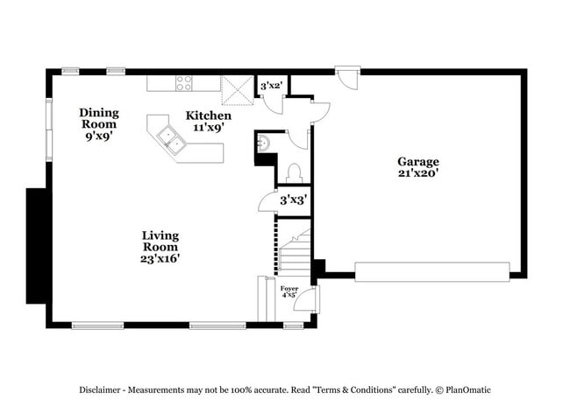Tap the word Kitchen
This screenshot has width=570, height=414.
[209, 116]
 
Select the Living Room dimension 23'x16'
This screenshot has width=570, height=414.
[160, 258]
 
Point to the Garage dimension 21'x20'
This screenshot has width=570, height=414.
[417, 173]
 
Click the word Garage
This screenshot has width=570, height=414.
[417, 162]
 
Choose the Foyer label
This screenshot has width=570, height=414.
[289, 288]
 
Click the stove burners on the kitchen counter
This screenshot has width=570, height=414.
[184, 83]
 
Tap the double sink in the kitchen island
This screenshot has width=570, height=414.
[170, 140]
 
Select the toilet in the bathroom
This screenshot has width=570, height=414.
[295, 172]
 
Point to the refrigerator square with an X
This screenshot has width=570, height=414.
[237, 89]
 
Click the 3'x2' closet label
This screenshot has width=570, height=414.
[271, 86]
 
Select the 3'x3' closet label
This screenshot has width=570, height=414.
[292, 200]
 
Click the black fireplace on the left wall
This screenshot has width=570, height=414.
[37, 245]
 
